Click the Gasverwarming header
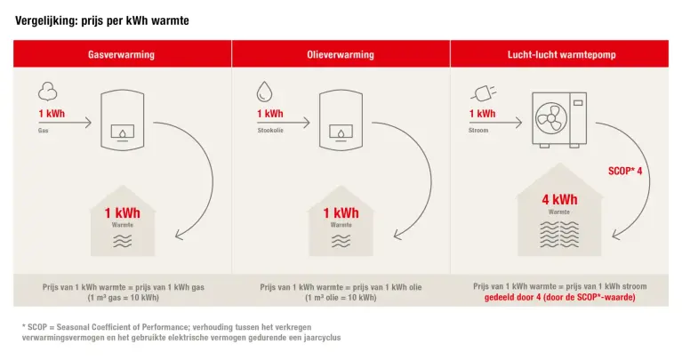[x=121, y=54]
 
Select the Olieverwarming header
[x=341, y=54]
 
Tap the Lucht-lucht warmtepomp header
[x=562, y=54]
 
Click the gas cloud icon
[x=47, y=92]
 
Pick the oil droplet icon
[x=264, y=92]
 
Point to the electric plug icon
[x=483, y=92]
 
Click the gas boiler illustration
[x=122, y=120]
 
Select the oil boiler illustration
[x=341, y=120]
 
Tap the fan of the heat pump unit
[x=551, y=118]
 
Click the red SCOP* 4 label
[x=625, y=171]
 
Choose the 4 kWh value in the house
[x=559, y=200]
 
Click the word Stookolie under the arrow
[x=270, y=130]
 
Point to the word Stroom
[x=478, y=130]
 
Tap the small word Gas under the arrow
[x=43, y=131]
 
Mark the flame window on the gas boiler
[x=123, y=132]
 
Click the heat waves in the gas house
[x=122, y=241]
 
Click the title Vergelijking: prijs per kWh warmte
[x=102, y=20]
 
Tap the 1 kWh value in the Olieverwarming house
[x=341, y=213]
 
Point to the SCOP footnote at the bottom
[x=181, y=332]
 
